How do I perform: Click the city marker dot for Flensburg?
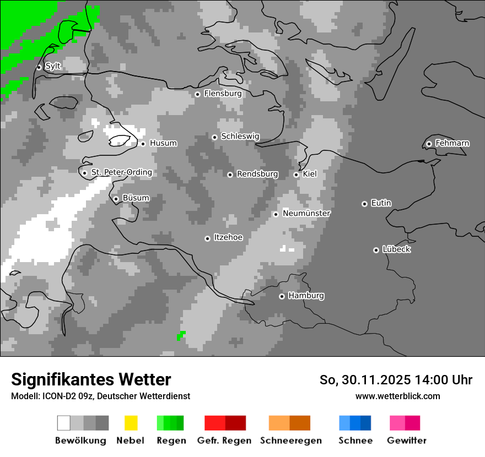[x=197, y=94]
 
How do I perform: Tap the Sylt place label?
[x=53, y=66]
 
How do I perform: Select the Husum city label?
[x=163, y=143]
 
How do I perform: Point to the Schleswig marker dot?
[x=214, y=137]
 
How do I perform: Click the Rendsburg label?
[x=257, y=174]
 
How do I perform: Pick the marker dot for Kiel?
[x=296, y=175]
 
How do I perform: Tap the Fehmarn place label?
[x=452, y=143]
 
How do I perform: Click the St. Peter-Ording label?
[x=121, y=172]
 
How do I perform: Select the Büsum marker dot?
[x=116, y=199]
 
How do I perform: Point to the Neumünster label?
[x=306, y=213]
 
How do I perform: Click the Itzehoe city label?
[x=228, y=237]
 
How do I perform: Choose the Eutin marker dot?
[x=364, y=204]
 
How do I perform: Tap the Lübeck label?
[x=396, y=249]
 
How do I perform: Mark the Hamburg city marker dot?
[x=282, y=296]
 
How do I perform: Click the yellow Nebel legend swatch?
[x=131, y=423]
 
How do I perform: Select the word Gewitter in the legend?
[x=406, y=440]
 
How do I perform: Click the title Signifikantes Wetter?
[x=91, y=379]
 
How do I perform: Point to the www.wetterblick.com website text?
[x=397, y=396]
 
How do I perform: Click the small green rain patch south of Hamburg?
[x=181, y=335]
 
